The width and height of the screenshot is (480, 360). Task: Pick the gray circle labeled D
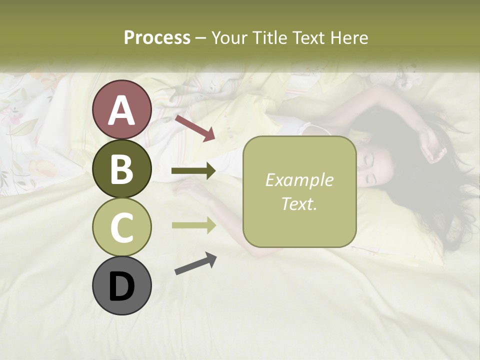[121, 286]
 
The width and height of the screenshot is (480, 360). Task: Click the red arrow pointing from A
[194, 128]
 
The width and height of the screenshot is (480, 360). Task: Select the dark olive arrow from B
[193, 171]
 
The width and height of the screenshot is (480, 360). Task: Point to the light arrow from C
[193, 225]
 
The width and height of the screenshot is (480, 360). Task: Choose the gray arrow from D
[195, 263]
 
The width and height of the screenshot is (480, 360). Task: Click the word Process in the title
[157, 38]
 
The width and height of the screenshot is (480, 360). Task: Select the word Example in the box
[299, 180]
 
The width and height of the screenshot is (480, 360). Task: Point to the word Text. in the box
[299, 203]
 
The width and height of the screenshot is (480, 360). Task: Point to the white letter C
[121, 228]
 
